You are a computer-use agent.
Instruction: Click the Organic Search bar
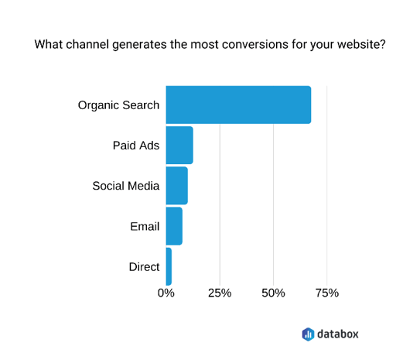[x=238, y=105]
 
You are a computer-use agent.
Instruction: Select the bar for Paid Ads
[x=179, y=145]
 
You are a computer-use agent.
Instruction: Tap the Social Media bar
[x=177, y=186]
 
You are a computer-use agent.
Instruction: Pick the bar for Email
[x=174, y=226]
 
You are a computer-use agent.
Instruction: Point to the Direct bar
[x=169, y=266]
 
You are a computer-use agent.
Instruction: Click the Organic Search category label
[x=118, y=105]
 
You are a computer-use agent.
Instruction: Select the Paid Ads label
[x=136, y=146]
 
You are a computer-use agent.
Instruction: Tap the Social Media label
[x=126, y=186]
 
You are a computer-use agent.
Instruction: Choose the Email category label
[x=145, y=226]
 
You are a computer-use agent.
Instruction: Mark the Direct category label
[x=144, y=267]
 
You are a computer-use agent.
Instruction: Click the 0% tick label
[x=166, y=293]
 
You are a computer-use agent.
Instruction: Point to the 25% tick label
[x=220, y=293]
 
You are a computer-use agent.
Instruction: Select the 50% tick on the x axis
[x=274, y=293]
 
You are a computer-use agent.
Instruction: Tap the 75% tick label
[x=327, y=293]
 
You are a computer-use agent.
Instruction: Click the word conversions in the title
[x=255, y=44]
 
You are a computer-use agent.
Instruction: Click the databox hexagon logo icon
[x=308, y=334]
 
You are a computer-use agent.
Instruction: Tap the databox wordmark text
[x=338, y=334]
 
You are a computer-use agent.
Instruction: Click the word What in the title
[x=49, y=44]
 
